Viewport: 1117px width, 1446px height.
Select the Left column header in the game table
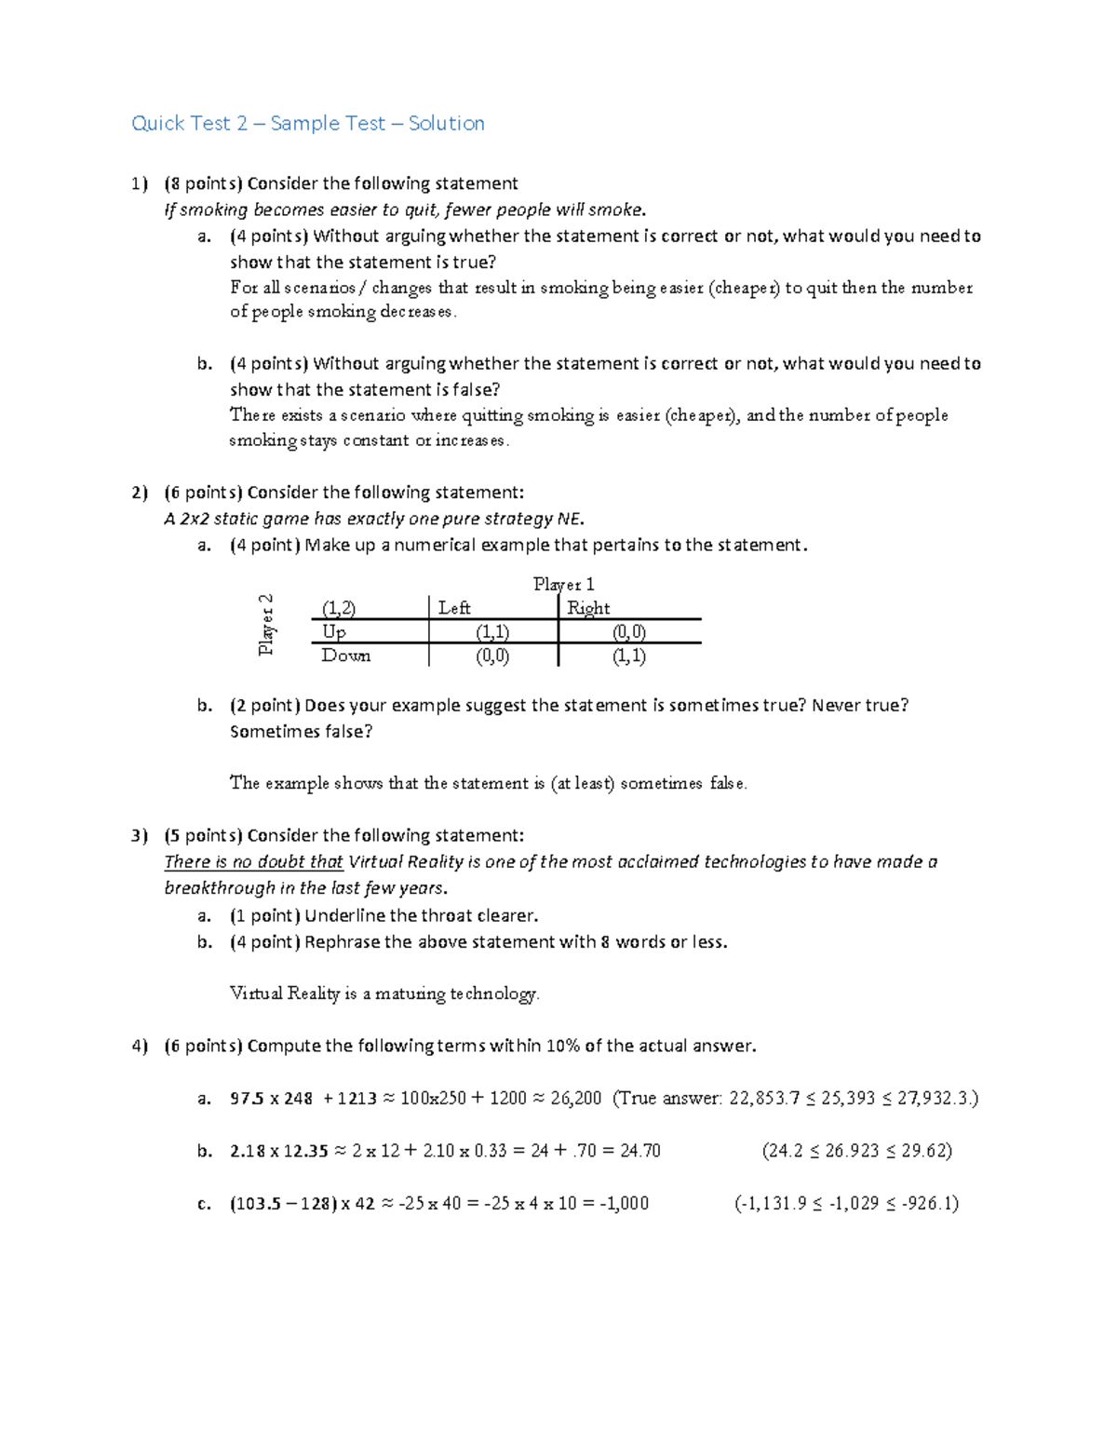pos(454,608)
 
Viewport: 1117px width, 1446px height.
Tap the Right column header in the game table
pos(588,608)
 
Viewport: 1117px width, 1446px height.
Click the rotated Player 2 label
pos(267,625)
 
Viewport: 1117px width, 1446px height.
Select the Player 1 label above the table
pos(563,584)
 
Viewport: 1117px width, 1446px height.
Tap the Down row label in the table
pos(345,655)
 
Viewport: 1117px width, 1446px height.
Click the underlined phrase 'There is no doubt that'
pos(253,861)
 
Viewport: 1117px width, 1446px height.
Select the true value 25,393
pos(847,1098)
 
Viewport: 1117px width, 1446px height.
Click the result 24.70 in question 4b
pos(640,1151)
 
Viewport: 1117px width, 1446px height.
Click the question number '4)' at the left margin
pos(140,1046)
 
